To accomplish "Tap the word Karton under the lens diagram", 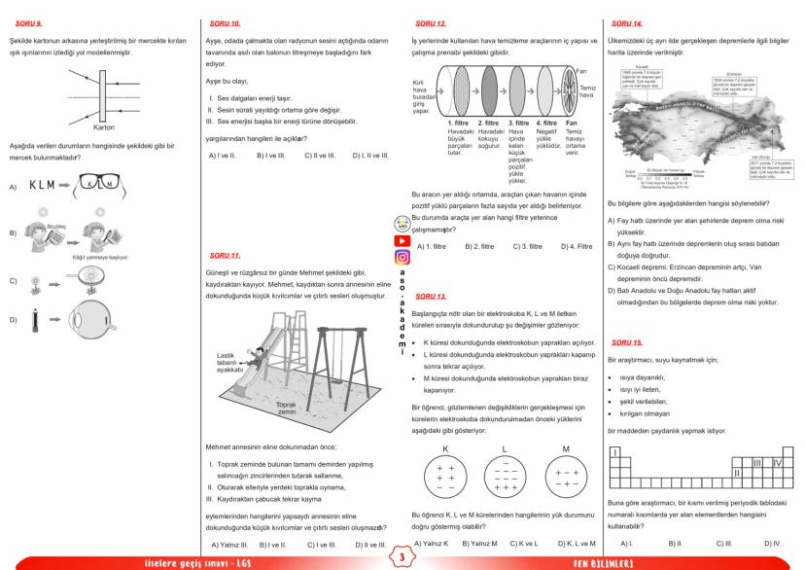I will coord(106,126).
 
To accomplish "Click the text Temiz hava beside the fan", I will coord(587,92).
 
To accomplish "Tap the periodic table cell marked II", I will coord(737,472).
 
